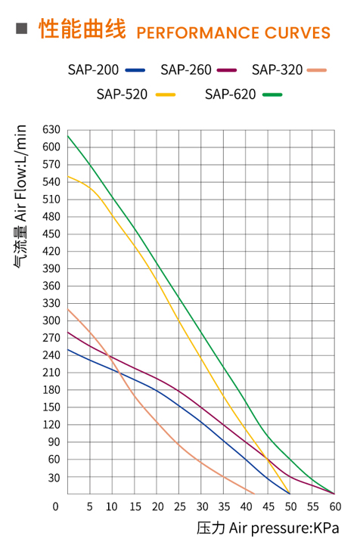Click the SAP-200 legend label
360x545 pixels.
93,70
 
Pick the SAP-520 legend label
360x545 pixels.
122,94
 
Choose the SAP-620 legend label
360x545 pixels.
231,94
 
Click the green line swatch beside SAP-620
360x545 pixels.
272,95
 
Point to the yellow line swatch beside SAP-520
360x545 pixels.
165,95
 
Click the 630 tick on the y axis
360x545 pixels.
51,130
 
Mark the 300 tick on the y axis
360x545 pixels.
51,320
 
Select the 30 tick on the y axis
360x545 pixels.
54,477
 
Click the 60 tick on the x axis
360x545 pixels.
335,506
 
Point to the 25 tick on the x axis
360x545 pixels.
179,506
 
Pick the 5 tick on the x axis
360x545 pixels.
90,506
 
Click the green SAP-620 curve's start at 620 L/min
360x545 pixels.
68,136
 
